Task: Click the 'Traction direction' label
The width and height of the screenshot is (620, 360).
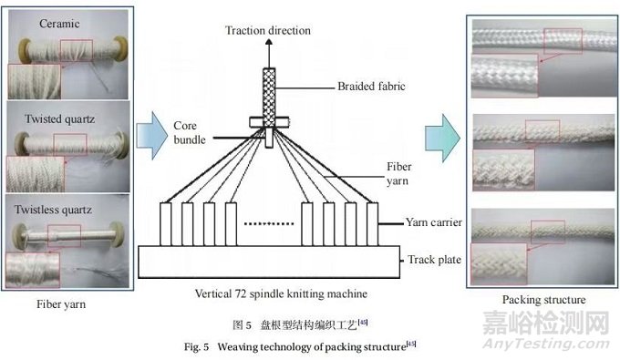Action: (268, 30)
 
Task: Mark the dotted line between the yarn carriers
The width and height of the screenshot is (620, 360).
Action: (269, 221)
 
